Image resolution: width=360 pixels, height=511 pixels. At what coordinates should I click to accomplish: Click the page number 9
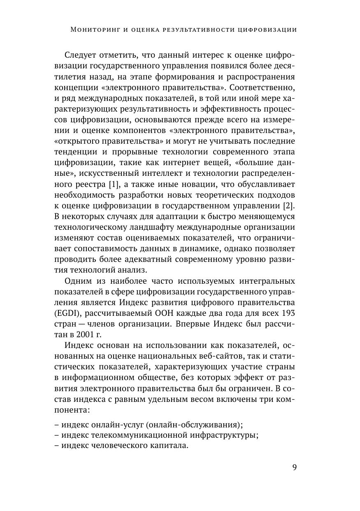pyautogui.click(x=294, y=467)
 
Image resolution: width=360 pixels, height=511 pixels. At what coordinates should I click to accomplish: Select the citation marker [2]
pyautogui.click(x=290, y=204)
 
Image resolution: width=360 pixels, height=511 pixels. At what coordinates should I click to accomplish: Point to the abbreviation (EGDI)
pyautogui.click(x=67, y=313)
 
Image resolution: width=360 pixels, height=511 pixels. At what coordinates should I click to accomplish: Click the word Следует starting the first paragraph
pyautogui.click(x=81, y=55)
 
